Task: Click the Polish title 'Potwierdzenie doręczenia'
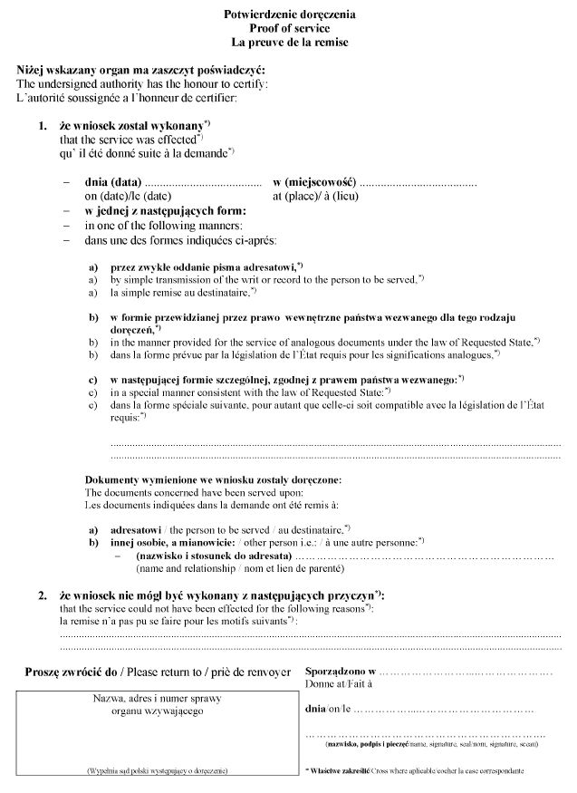pos(288,15)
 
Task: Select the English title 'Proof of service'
pos(288,28)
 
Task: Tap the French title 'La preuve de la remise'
pos(288,42)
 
